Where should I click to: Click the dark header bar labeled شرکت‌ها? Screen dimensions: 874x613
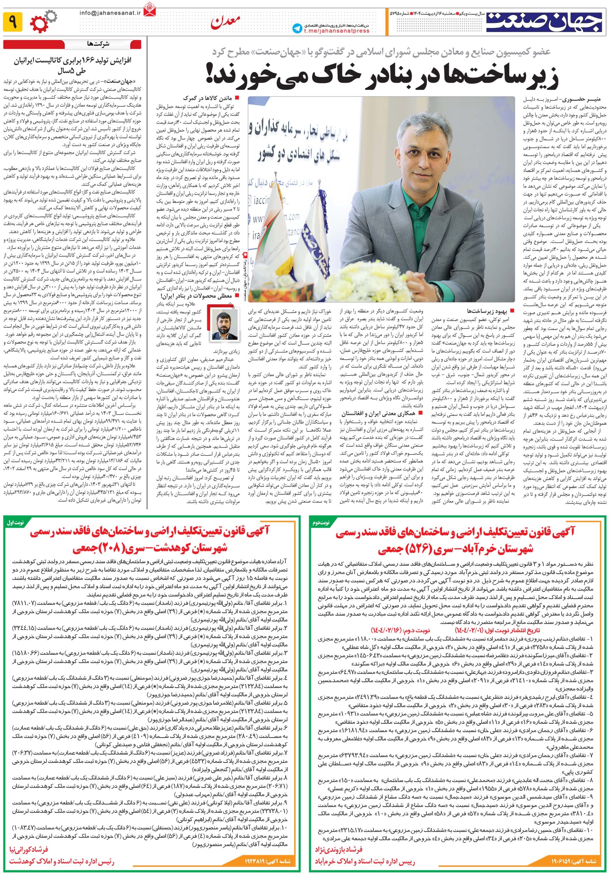(x=72, y=44)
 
